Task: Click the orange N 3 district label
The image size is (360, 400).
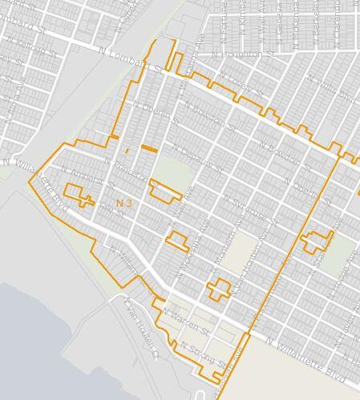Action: point(124,204)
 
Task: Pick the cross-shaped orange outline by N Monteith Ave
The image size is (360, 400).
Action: point(217,289)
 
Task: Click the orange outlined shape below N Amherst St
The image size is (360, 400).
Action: point(78,194)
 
